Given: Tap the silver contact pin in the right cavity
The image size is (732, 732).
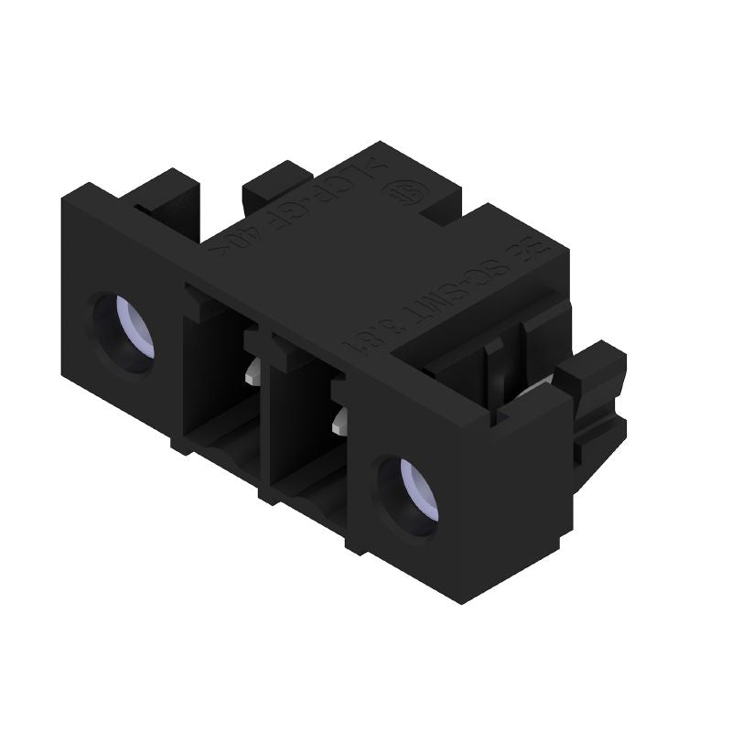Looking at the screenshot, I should coord(341,419).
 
